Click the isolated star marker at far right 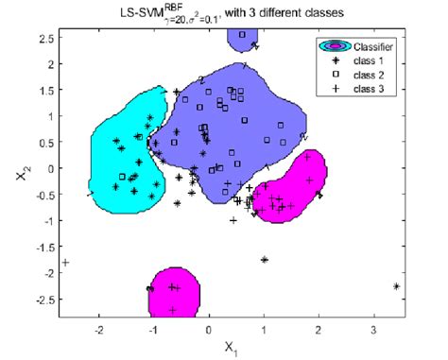pyautogui.click(x=396, y=286)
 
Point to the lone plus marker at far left pyautogui.click(x=65, y=262)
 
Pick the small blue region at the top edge pyautogui.click(x=243, y=38)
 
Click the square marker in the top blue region pyautogui.click(x=242, y=35)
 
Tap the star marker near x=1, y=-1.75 pyautogui.click(x=265, y=259)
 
